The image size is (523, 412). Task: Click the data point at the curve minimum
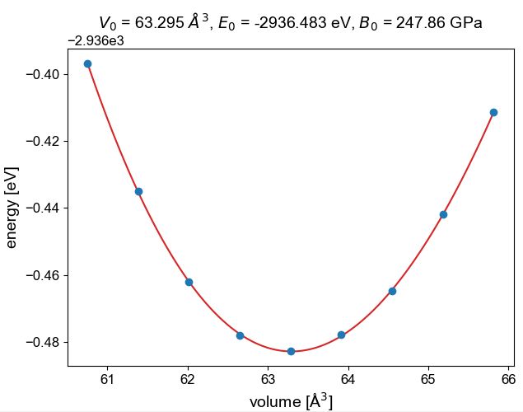coord(291,351)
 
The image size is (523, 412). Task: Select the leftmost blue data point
coord(87,63)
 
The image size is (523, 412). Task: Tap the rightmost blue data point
coord(493,112)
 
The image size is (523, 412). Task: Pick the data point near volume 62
coord(189,282)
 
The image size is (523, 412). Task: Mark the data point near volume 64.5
coord(392,291)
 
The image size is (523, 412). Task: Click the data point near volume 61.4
coord(138,191)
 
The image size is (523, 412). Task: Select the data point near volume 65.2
coord(443,214)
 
